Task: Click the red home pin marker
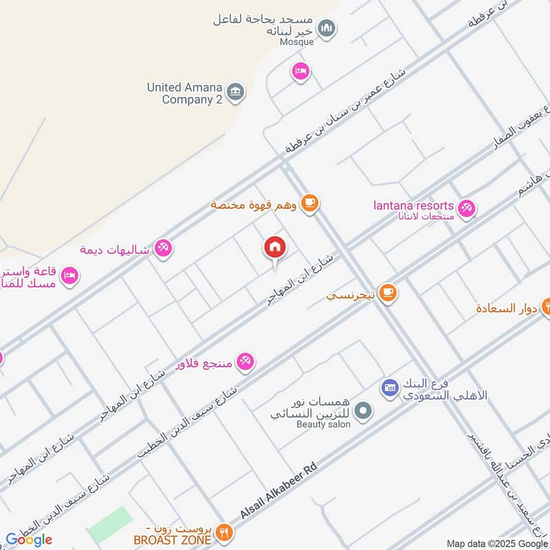coord(274,247)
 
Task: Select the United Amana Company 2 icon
coord(235,92)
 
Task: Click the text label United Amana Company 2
coord(184,93)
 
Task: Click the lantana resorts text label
coord(413,206)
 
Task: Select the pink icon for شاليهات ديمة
coord(163,247)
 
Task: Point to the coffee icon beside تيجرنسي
coord(388,293)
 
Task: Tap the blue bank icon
coord(390,388)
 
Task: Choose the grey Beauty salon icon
coord(365,411)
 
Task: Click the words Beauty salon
coord(323,425)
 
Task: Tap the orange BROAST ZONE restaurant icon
coord(224,532)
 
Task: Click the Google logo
coord(28,540)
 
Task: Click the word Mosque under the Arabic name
coord(296,42)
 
